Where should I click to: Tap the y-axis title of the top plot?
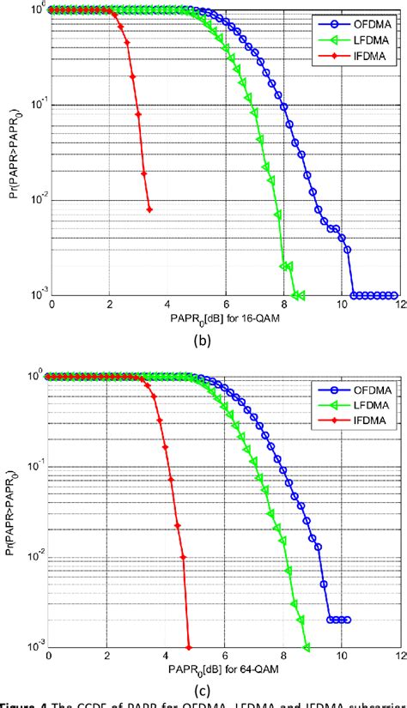[x=11, y=153]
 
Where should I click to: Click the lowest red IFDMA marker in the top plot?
[x=149, y=209]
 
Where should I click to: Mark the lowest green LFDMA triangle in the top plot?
[x=297, y=295]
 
